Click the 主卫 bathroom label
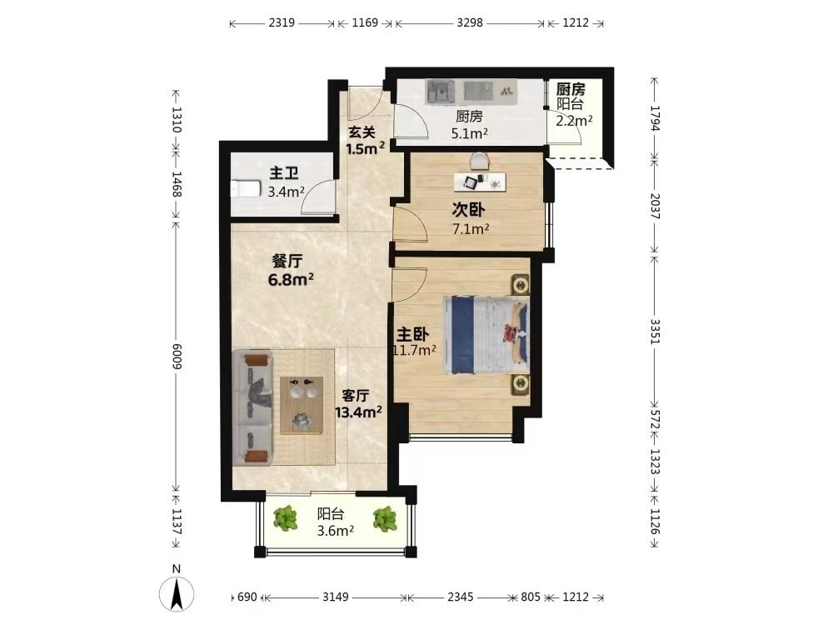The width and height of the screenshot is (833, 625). coord(284,173)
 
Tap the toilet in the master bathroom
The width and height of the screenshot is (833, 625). coord(246,188)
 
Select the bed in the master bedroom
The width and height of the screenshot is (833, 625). coord(486,335)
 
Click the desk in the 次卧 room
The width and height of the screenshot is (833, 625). coord(480,182)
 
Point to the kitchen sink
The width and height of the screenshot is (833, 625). coord(441,92)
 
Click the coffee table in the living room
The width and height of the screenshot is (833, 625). coord(302,406)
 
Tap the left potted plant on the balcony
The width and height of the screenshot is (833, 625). coord(286,518)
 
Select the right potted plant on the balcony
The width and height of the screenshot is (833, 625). coord(385,518)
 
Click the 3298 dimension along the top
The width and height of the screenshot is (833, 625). coord(470,22)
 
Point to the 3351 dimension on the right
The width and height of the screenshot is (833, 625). coord(655,331)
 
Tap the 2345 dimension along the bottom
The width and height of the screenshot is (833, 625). coord(460,597)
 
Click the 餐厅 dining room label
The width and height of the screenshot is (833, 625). coord(287,261)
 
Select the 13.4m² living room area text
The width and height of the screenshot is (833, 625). coord(358,412)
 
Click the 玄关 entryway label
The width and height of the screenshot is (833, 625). coord(362,132)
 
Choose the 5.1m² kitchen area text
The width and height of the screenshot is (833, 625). coord(470,133)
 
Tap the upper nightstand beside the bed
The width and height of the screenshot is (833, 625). coord(521,285)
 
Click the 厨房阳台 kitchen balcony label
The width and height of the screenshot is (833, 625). coord(570,96)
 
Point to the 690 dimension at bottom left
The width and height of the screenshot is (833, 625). coord(247,597)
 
